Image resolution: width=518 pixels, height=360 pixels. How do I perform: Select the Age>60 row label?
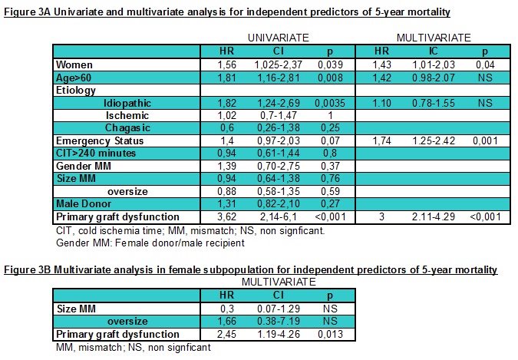pos(72,78)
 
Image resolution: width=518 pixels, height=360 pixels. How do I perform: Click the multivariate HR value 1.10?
pos(374,103)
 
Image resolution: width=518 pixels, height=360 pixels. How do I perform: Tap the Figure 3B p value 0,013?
pos(322,334)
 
